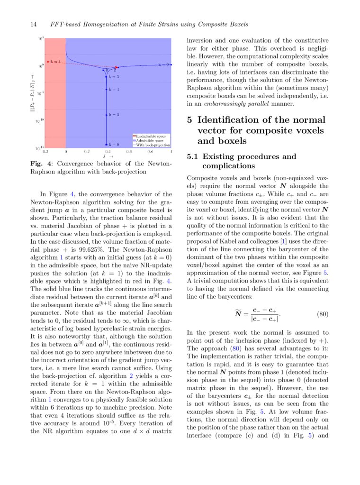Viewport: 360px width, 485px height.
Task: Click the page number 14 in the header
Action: tap(34, 24)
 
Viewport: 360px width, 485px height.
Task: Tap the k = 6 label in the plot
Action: tap(114, 144)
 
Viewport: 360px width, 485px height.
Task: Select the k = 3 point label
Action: tap(114, 76)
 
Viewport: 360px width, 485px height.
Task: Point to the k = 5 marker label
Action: tap(114, 115)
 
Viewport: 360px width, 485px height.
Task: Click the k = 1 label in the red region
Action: tap(55, 62)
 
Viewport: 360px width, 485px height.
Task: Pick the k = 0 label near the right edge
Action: tap(163, 64)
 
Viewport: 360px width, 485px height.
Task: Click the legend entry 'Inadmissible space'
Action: tap(151, 136)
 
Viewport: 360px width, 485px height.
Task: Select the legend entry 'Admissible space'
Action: tap(150, 140)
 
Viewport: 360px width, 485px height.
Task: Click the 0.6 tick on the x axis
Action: tap(129, 152)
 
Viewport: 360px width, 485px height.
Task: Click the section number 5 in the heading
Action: tap(190, 120)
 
